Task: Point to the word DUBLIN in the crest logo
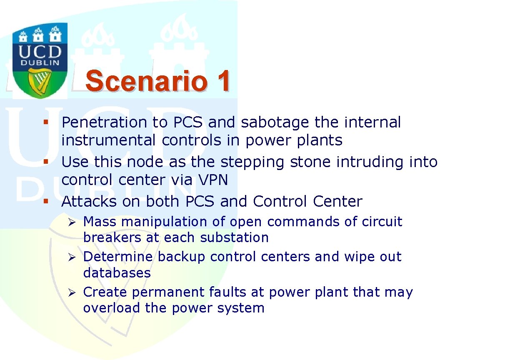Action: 40,63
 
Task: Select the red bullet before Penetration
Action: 46,122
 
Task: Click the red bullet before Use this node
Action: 46,162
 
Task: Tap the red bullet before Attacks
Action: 46,201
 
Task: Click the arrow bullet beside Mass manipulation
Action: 72,222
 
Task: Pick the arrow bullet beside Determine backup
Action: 72,257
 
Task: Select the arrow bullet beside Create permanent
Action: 72,292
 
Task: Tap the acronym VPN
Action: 213,180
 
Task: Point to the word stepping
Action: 252,162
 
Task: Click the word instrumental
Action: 109,140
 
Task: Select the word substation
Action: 234,237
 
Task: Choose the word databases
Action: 117,272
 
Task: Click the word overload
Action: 112,308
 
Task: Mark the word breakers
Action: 112,237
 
